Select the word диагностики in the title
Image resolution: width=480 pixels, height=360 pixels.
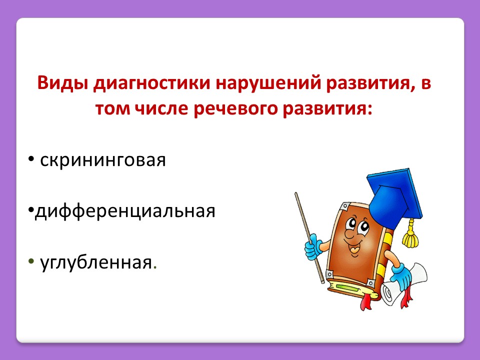coord(151,83)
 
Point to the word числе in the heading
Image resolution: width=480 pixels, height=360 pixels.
coord(161,109)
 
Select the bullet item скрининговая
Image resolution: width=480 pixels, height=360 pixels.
coord(103,160)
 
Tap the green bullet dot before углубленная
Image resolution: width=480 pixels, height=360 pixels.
coord(31,261)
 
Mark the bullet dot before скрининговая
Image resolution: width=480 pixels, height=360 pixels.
coord(31,159)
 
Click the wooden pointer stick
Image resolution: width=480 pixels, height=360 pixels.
coord(309,237)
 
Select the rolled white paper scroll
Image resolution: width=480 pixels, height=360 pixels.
coord(404,284)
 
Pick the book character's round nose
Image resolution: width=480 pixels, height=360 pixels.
coord(349,234)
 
